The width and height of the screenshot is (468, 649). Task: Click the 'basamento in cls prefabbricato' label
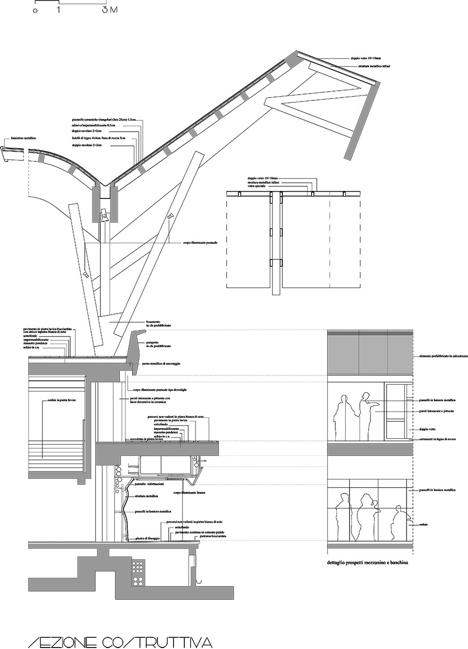click(x=158, y=323)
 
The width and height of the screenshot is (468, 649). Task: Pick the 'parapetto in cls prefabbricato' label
click(x=159, y=345)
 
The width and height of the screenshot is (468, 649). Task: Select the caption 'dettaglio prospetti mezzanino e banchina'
click(x=368, y=562)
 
